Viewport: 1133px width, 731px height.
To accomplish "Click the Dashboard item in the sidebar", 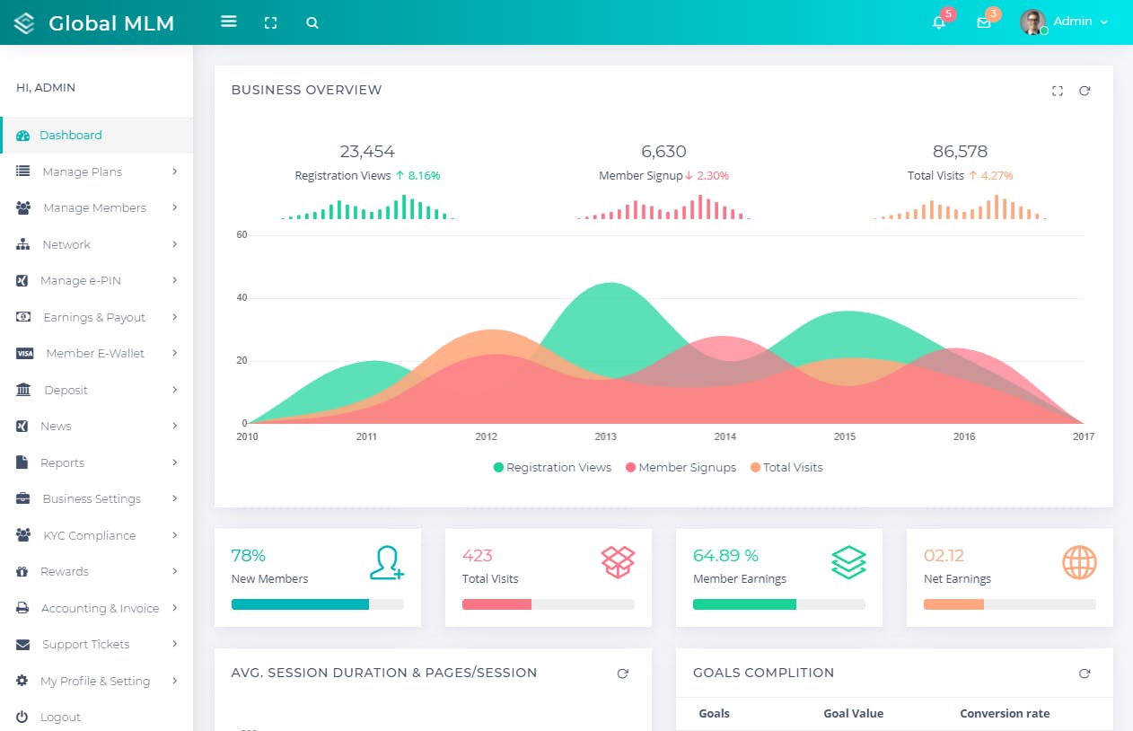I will tap(70, 136).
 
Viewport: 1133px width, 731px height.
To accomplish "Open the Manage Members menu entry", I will tap(94, 208).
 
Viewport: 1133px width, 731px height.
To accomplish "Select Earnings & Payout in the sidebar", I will tap(93, 318).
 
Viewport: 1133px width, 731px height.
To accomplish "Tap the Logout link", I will tap(60, 718).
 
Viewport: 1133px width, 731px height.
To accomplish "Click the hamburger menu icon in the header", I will tap(229, 22).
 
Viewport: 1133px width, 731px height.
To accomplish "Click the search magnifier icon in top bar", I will tap(312, 23).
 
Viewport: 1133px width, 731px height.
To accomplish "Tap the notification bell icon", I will tap(939, 23).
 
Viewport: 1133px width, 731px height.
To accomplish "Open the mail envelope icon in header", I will tap(984, 23).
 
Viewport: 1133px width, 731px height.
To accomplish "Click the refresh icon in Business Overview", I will tap(1085, 91).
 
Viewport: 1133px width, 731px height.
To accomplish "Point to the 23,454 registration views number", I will tap(367, 152).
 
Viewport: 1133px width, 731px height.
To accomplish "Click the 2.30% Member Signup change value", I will tap(713, 176).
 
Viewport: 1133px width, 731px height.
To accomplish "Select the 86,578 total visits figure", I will tap(960, 152).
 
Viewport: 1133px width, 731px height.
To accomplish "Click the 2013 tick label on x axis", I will tap(606, 437).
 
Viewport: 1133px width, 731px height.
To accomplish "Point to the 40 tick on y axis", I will tap(242, 298).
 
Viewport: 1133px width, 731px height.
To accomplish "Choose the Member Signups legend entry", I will tap(687, 468).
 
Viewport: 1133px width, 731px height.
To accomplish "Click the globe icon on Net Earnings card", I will tap(1079, 563).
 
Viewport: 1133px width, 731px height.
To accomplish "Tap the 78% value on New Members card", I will tap(249, 556).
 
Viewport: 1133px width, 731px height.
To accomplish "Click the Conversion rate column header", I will tap(1005, 714).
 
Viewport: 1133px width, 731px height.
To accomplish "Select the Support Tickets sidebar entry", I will tap(85, 645).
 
